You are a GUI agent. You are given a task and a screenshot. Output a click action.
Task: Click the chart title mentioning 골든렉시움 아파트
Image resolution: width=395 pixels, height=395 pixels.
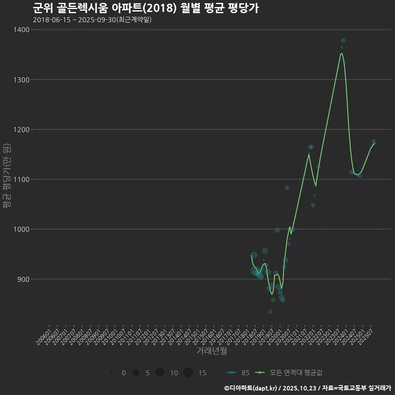(145, 8)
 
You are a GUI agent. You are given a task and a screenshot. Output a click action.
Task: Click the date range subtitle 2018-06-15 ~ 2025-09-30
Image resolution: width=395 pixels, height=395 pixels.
(92, 20)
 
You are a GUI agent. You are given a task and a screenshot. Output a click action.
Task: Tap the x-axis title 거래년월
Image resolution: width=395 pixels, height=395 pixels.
(211, 351)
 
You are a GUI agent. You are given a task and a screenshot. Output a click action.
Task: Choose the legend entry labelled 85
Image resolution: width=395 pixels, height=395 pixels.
(238, 373)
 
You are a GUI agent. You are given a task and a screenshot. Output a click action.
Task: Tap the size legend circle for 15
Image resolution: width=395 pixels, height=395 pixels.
(188, 373)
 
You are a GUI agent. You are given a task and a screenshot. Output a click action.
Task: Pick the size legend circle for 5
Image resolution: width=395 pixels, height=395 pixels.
(135, 373)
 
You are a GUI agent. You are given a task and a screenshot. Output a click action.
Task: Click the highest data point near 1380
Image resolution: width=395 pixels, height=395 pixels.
(343, 40)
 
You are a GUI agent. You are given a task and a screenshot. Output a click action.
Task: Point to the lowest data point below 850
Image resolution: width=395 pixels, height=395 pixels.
(270, 311)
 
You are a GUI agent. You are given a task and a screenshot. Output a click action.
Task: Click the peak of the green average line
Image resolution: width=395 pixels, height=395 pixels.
(342, 53)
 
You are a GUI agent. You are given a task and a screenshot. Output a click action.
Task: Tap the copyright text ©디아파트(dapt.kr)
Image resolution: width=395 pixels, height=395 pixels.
(251, 388)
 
